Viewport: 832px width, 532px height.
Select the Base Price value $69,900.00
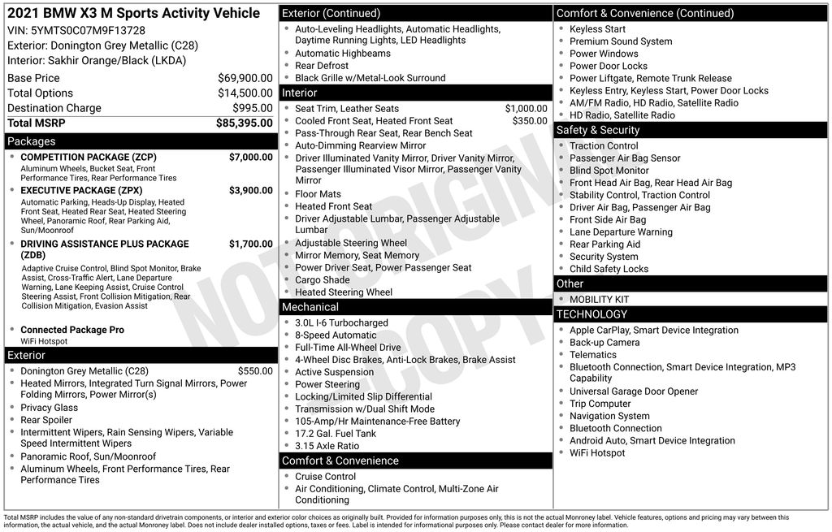point(245,78)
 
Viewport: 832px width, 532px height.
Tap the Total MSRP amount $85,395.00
point(244,123)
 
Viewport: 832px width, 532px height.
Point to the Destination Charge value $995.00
point(252,108)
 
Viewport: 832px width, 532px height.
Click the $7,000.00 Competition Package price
point(250,157)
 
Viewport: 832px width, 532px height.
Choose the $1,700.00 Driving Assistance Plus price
point(250,244)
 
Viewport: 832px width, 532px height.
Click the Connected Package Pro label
point(72,330)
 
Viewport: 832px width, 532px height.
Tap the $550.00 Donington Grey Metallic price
point(256,370)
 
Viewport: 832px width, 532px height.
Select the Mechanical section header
point(310,307)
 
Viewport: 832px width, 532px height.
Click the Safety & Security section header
point(597,130)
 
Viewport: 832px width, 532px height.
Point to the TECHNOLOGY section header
point(591,314)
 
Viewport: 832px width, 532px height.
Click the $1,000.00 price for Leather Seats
point(526,109)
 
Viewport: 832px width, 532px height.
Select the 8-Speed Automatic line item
point(336,335)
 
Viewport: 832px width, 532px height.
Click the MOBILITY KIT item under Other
point(599,300)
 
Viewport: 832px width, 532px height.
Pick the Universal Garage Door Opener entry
point(634,391)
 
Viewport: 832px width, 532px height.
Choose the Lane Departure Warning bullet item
point(621,232)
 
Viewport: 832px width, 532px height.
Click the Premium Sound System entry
point(621,41)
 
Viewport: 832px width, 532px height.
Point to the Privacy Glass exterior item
point(50,408)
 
